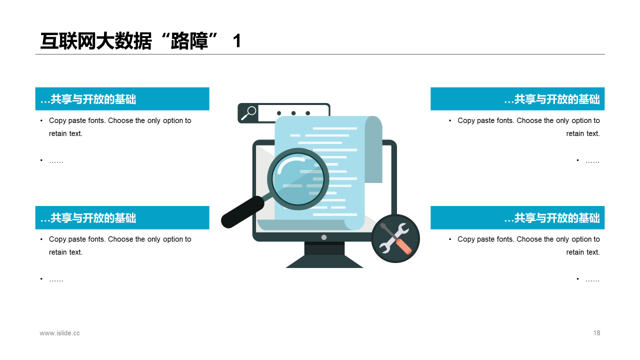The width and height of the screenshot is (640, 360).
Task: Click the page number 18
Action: coord(596,333)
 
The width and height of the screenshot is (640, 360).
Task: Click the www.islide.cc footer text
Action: coord(59,333)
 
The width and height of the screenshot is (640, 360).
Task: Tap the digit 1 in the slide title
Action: coord(237,41)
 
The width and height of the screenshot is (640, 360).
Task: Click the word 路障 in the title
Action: coord(189,41)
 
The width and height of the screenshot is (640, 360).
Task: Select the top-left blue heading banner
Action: coord(122,99)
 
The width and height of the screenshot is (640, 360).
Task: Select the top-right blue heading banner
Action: coord(517,99)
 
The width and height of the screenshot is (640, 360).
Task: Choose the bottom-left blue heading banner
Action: coord(122,217)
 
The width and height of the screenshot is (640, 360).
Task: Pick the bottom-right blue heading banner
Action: coord(517,217)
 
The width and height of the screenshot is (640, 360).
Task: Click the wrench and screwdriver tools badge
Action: coord(395,238)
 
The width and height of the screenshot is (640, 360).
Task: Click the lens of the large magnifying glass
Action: coord(298,179)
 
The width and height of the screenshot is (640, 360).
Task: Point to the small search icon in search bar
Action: coord(248,113)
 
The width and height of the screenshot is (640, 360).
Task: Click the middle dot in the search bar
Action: coord(293,113)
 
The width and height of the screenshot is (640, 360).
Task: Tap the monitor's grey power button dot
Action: coord(324,237)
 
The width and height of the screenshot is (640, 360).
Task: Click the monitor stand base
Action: coord(324,261)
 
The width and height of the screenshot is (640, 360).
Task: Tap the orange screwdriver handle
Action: coord(403,246)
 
